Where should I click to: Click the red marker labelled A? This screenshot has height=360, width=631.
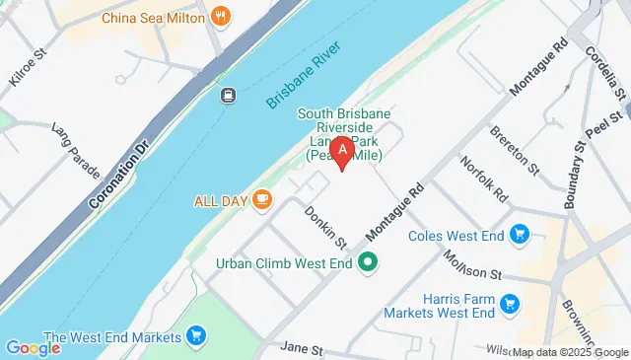(341, 154)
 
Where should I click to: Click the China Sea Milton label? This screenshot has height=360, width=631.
(152, 17)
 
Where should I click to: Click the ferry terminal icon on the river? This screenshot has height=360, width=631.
(228, 95)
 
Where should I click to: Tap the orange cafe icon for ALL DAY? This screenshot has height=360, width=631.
(261, 200)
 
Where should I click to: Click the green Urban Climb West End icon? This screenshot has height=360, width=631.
(369, 262)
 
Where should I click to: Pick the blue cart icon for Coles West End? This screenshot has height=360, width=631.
(520, 234)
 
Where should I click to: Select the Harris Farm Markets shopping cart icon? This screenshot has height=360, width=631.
(509, 304)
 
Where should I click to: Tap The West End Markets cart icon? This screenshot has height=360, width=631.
(196, 336)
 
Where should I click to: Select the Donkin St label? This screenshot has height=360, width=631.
(326, 228)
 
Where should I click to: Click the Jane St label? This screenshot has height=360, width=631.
(302, 348)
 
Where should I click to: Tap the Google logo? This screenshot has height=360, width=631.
(33, 347)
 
